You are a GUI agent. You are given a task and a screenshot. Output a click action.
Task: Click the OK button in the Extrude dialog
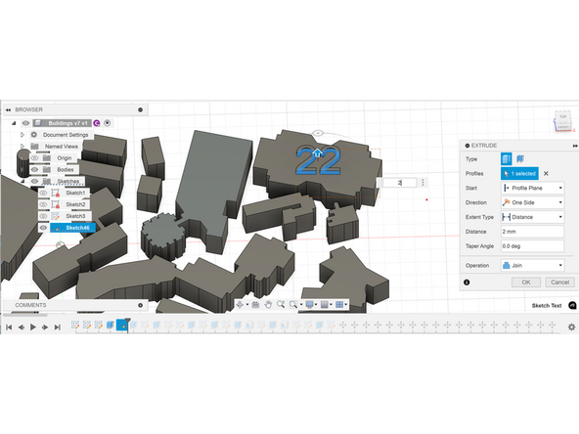(525, 282)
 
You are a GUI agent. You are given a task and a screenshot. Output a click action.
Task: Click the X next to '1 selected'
(546, 173)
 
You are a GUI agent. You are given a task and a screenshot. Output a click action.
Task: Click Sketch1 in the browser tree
(75, 193)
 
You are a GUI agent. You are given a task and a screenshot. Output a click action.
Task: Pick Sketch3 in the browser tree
(75, 216)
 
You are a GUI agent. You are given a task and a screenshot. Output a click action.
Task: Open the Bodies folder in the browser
(67, 169)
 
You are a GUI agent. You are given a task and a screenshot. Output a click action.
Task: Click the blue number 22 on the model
(318, 161)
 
